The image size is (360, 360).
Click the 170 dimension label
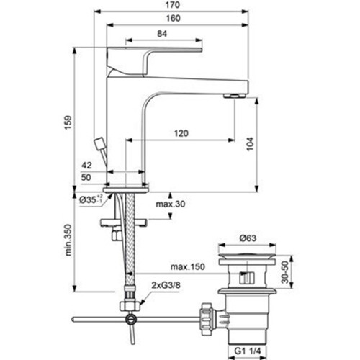click(x=173, y=5)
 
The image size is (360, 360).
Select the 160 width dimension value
click(x=173, y=18)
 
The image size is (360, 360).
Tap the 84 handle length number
click(x=162, y=34)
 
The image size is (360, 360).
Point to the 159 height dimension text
click(x=68, y=122)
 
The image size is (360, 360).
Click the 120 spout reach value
click(x=181, y=133)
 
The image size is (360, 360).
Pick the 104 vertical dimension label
click(x=250, y=144)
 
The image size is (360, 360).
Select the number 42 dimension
click(x=86, y=165)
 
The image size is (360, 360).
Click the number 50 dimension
click(x=86, y=177)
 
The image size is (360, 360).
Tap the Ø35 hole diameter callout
click(x=91, y=199)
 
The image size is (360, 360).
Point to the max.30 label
click(x=171, y=204)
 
